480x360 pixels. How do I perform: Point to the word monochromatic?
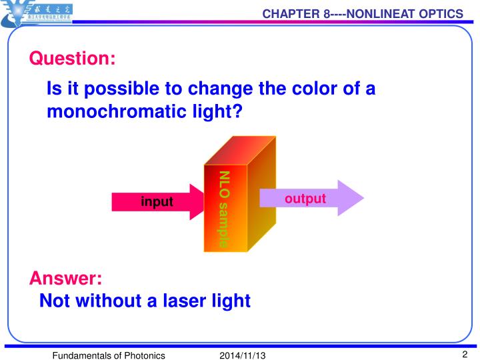[113, 111]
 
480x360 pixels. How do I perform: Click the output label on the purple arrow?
[305, 199]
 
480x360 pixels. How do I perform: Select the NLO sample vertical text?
[224, 208]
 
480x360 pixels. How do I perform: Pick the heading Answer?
[65, 279]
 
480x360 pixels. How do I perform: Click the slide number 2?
[464, 354]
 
